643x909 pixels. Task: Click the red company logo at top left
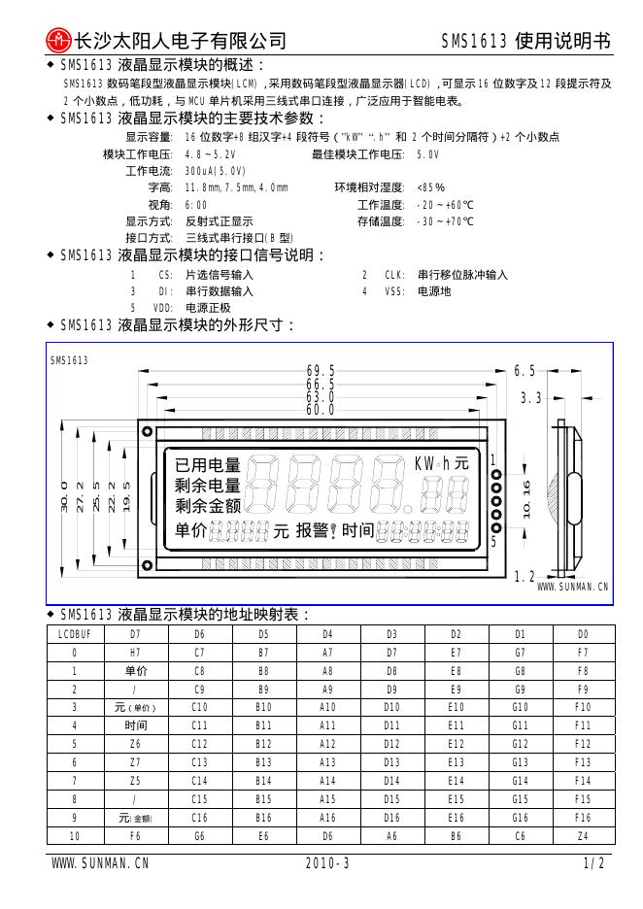point(59,40)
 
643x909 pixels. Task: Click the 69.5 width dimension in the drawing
point(321,371)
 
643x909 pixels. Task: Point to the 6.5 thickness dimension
point(525,371)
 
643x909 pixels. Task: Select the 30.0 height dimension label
point(64,498)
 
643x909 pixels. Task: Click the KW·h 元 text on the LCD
point(441,464)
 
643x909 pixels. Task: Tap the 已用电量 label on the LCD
point(207,465)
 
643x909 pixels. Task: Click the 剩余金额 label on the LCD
point(207,506)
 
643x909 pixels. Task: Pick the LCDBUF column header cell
point(75,634)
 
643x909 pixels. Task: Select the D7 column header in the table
point(136,634)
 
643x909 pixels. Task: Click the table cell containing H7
point(136,652)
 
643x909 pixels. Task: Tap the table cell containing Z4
point(583,835)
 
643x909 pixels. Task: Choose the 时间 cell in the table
point(136,725)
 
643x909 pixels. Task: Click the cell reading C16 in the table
point(200,818)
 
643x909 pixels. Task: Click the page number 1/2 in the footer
point(595,862)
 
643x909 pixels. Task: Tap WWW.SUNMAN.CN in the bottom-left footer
point(100,862)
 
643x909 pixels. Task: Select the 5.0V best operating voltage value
point(427,154)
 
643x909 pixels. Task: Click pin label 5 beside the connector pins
point(493,542)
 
